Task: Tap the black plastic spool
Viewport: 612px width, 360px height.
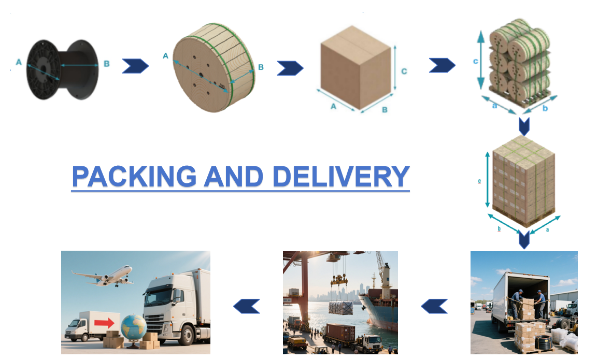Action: pos(63,69)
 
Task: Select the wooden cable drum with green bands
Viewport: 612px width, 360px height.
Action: pos(214,67)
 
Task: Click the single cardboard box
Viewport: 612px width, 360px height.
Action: pos(355,67)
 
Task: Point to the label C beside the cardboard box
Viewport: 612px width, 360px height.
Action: pos(404,71)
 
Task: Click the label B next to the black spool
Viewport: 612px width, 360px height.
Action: pos(107,64)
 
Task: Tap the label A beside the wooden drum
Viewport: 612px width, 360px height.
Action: pos(165,56)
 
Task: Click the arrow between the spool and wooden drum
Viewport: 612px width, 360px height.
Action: pos(135,66)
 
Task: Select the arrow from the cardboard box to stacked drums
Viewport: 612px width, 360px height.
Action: pos(442,65)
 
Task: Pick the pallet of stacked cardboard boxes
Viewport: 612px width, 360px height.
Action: pos(524,181)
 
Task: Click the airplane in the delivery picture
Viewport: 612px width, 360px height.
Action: pos(104,276)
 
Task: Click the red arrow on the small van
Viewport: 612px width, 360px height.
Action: pos(104,323)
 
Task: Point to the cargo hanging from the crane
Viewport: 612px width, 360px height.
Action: pos(341,307)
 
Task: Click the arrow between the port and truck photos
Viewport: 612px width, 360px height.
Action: pos(434,306)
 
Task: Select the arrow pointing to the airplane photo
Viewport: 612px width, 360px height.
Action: pos(246,306)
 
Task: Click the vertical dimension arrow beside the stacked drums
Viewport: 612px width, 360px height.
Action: pos(481,60)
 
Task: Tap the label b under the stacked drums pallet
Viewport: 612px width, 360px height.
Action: pos(545,108)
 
